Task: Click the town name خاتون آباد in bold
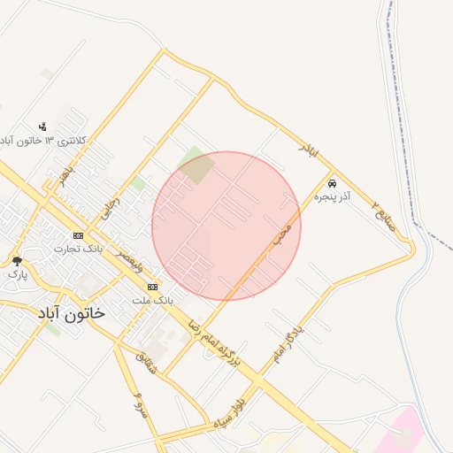pos(71,312)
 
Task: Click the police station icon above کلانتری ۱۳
pos(42,127)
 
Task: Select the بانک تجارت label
pos(79,249)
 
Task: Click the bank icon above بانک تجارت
pos(79,235)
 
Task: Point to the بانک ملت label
pos(152,301)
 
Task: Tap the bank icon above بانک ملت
pos(153,288)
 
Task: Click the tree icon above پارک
pos(17,261)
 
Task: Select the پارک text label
pos(18,274)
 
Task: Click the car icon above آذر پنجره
pos(332,183)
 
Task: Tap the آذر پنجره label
pos(333,196)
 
